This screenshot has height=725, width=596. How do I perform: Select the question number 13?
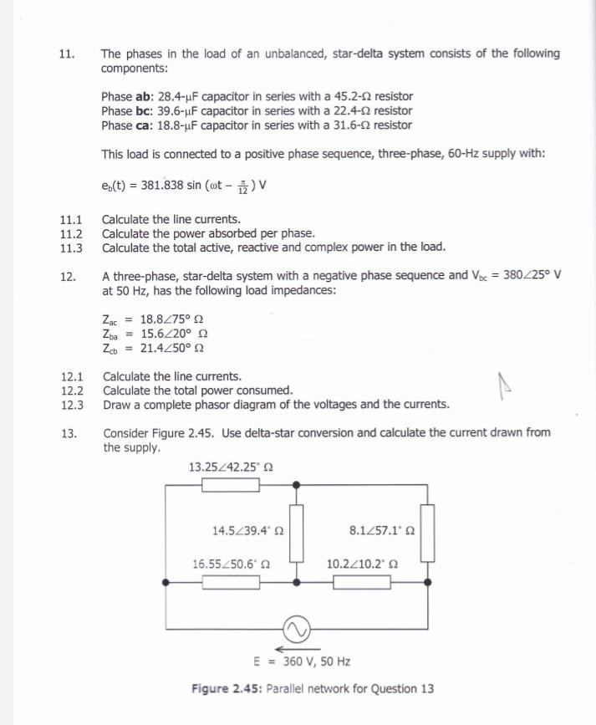[x=68, y=433]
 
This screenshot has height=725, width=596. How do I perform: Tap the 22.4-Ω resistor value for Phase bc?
[x=351, y=111]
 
